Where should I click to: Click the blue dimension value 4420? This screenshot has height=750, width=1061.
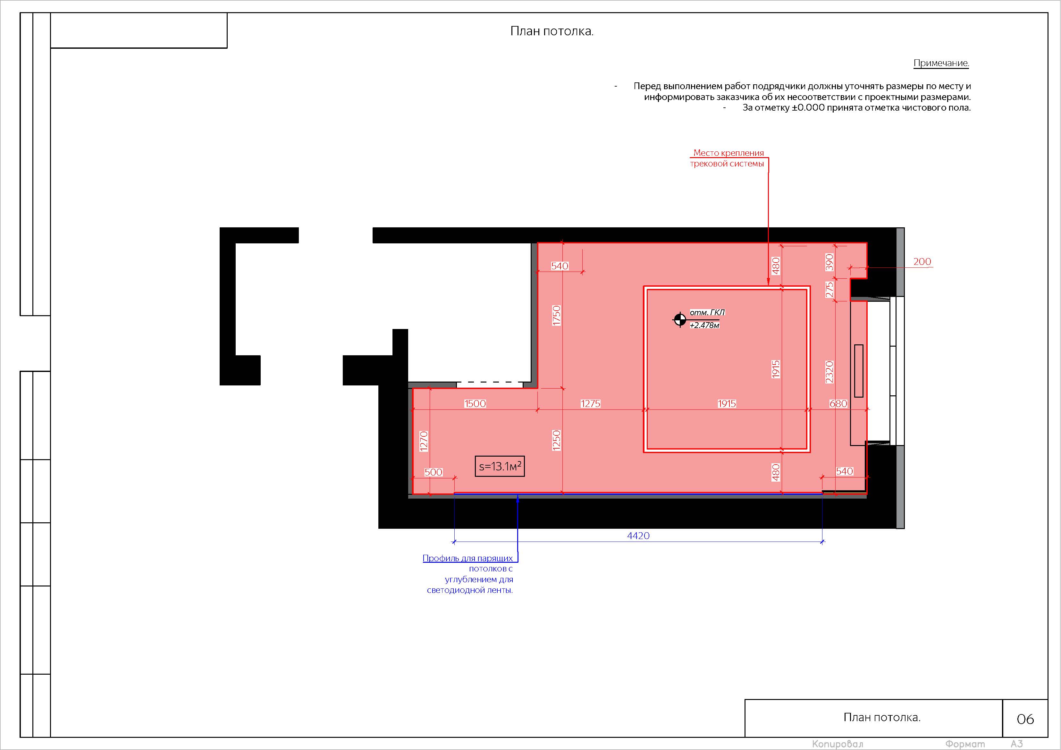[638, 535]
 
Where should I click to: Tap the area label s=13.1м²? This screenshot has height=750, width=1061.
[500, 466]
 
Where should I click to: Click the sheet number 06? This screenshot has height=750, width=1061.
[1025, 719]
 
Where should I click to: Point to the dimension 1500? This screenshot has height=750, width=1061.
[475, 403]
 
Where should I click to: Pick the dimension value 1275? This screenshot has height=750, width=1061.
[591, 403]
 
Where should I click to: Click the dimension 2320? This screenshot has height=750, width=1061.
[829, 372]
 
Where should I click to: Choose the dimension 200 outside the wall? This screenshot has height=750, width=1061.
[922, 262]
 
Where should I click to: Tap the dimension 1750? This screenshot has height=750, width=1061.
[557, 316]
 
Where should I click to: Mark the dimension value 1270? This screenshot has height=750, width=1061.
[424, 441]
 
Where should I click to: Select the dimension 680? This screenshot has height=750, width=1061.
[838, 403]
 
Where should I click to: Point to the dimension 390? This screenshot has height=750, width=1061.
[829, 262]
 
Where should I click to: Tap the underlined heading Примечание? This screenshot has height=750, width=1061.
[941, 63]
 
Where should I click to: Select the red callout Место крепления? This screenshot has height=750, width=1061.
[728, 153]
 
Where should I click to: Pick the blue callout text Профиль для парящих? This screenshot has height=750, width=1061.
[467, 558]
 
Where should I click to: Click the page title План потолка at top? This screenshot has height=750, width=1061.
[552, 31]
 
